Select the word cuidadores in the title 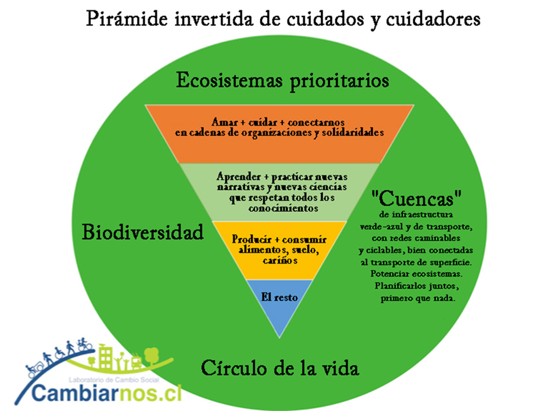click(x=433, y=19)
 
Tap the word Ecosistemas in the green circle click(x=229, y=80)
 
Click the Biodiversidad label click(x=142, y=232)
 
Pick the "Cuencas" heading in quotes click(x=416, y=199)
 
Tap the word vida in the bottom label click(x=340, y=368)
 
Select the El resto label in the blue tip click(x=279, y=297)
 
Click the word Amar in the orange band click(x=225, y=122)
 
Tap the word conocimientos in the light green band click(x=283, y=209)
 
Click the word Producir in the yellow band click(x=252, y=239)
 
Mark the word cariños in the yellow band click(x=280, y=261)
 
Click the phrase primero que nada click(x=418, y=299)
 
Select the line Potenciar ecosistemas click(x=416, y=274)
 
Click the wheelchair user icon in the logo click(x=59, y=352)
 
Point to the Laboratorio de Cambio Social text click(x=114, y=380)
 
